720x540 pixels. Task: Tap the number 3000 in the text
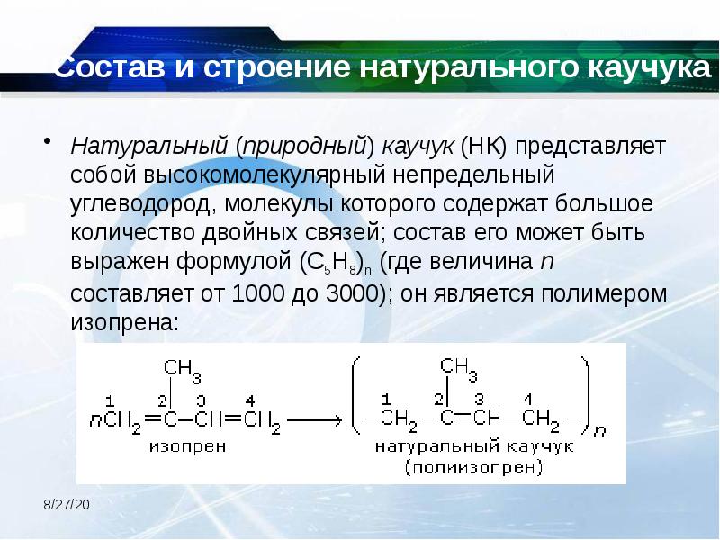coord(355,294)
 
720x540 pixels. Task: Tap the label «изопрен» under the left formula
coord(182,444)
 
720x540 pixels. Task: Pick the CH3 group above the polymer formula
coord(459,367)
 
